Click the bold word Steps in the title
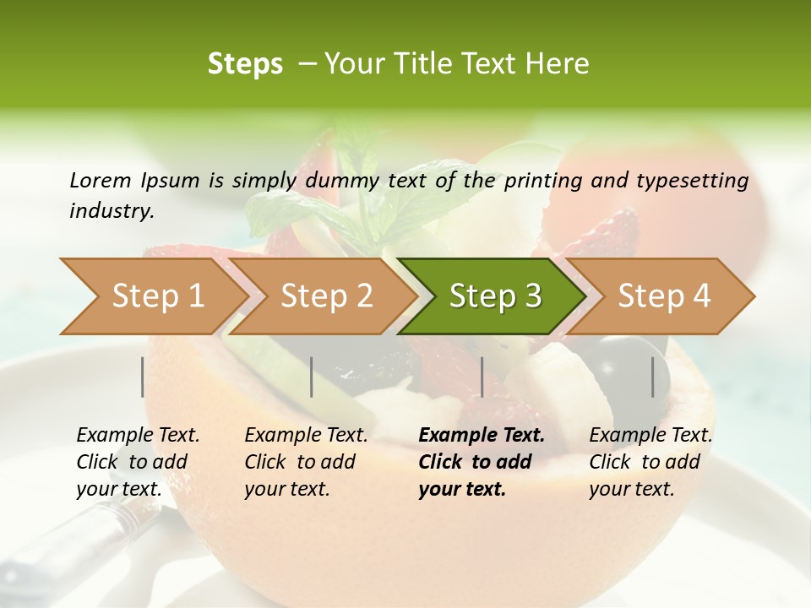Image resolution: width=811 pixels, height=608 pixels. tap(245, 63)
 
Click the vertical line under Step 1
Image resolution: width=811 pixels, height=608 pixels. tap(143, 377)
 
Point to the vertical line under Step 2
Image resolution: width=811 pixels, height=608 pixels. tap(312, 377)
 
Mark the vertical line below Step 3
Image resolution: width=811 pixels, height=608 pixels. tap(482, 377)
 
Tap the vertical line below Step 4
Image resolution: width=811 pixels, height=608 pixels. tap(653, 377)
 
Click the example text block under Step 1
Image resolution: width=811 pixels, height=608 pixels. tap(138, 462)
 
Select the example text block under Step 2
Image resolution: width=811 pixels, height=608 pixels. tap(306, 462)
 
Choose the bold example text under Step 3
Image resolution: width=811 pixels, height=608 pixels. tap(481, 462)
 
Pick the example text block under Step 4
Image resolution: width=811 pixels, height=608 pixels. tap(650, 462)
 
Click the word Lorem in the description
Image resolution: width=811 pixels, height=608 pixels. tap(100, 180)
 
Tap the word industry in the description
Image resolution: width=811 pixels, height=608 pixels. tap(111, 211)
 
